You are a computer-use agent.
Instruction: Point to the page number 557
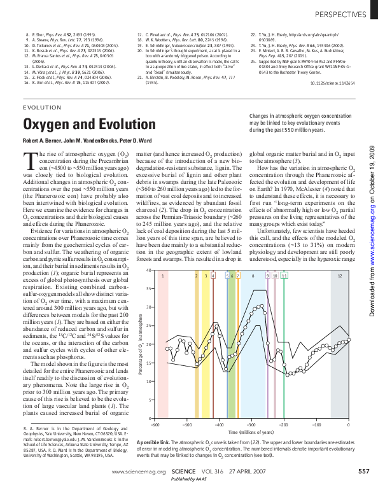(x=363, y=472)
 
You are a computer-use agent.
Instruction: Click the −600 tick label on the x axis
(x=153, y=424)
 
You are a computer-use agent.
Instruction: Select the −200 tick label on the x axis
(x=283, y=424)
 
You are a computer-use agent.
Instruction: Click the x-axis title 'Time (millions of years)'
(x=251, y=431)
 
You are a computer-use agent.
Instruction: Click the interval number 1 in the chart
(x=163, y=293)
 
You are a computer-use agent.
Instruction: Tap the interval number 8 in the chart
(x=253, y=293)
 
